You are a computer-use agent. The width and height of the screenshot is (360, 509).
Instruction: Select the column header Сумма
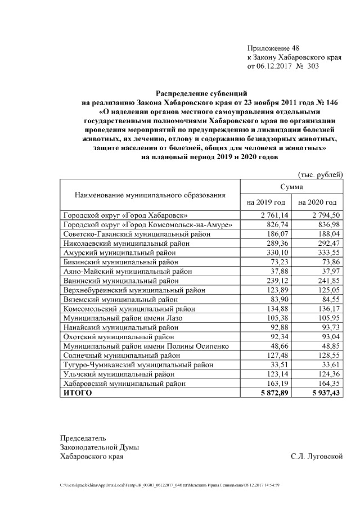(291, 186)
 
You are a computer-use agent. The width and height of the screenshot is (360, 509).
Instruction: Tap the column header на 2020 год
(317, 202)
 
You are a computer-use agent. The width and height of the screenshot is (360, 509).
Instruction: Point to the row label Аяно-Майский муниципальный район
(120, 272)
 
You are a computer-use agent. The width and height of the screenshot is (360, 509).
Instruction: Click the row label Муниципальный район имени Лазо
(123, 318)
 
